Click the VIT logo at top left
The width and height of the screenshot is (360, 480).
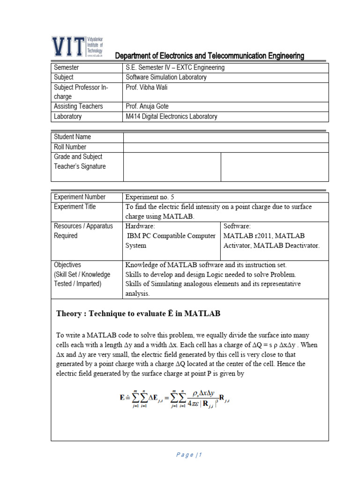point(77,46)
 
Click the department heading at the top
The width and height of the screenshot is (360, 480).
point(210,56)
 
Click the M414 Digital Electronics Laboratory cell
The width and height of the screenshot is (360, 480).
point(172,116)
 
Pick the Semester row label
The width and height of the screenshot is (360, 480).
point(67,67)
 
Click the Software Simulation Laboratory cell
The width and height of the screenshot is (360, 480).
point(166,77)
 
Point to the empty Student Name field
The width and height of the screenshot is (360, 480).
point(226,137)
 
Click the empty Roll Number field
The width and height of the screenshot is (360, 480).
point(226,147)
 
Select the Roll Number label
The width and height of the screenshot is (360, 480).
point(70,147)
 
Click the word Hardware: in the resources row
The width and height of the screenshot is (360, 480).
point(140,226)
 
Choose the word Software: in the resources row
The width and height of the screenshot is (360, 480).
point(237,226)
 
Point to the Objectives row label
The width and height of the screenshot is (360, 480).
point(67,265)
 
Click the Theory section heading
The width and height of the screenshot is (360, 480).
point(138,314)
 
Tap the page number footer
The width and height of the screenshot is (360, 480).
point(189,455)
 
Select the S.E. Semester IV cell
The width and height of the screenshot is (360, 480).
point(175,67)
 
